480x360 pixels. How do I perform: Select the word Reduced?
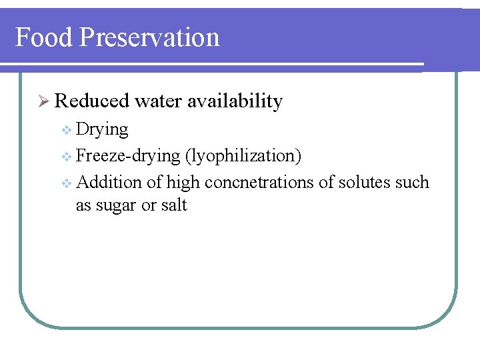[x=92, y=101]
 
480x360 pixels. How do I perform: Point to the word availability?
[x=235, y=101]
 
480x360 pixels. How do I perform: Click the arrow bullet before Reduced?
[x=45, y=102]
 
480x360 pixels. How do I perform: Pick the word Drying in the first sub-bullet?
[x=102, y=129]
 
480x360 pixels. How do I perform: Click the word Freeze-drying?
[x=128, y=156]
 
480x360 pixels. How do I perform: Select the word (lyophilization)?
[x=244, y=156]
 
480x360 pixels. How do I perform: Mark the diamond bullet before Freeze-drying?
[x=65, y=157]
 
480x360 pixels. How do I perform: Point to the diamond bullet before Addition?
[x=65, y=183]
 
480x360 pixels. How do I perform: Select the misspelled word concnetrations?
[x=259, y=182]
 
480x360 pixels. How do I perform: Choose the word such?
[x=412, y=182]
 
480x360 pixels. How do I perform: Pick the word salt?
[x=174, y=205]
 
